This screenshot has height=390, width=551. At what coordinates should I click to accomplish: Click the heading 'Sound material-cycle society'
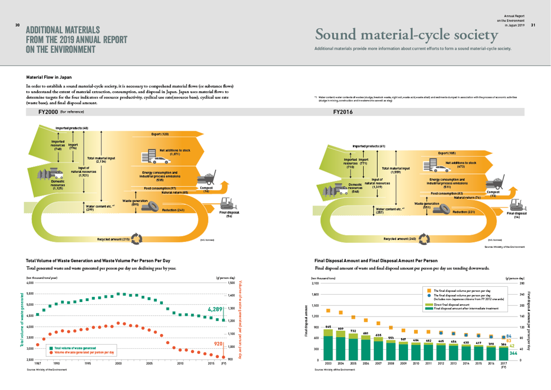coord(406,35)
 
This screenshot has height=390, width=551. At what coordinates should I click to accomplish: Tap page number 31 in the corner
coord(533,25)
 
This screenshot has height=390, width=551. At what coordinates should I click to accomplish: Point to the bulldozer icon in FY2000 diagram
coord(229,203)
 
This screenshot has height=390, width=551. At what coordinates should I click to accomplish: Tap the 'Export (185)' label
coord(446,153)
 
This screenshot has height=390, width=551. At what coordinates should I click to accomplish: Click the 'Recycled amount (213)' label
coord(113,239)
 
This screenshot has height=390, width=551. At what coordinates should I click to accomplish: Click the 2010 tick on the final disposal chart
coord(416,363)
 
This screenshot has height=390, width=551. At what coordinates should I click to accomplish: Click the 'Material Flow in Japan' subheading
coord(49,77)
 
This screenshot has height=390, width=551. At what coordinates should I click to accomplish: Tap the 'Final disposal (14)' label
coord(517,215)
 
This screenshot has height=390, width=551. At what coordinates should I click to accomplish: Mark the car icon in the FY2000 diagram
coord(159,160)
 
